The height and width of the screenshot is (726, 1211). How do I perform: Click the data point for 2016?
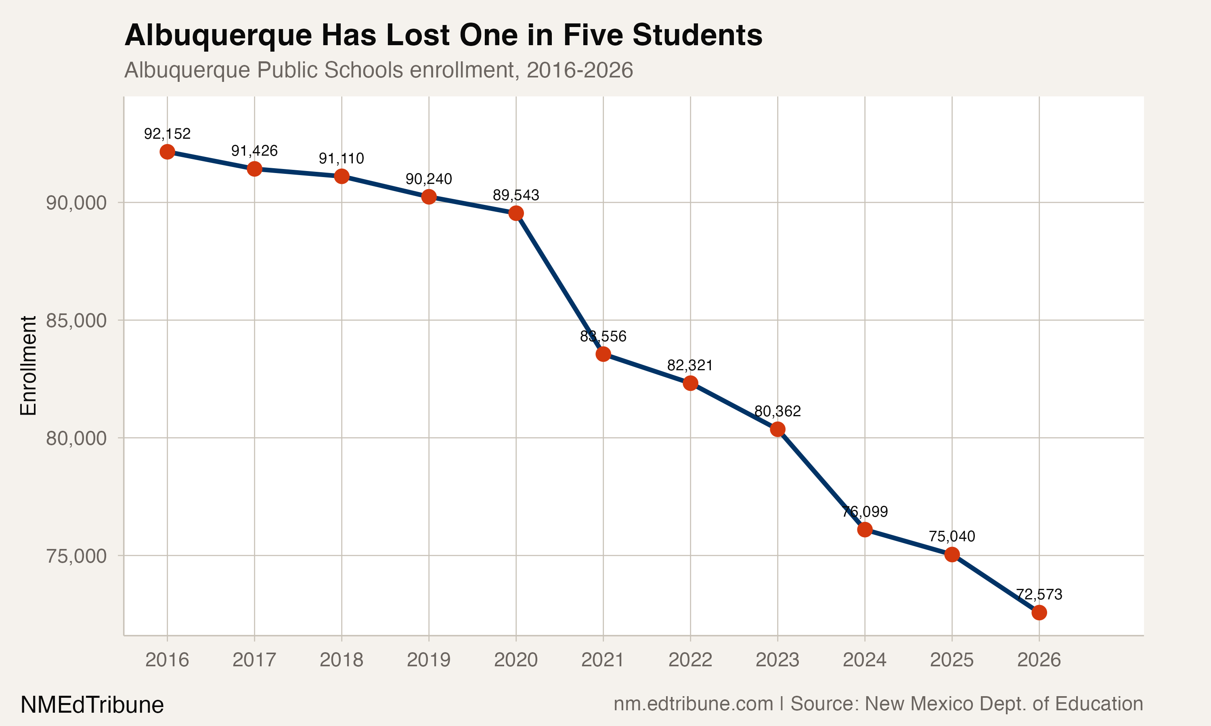167,152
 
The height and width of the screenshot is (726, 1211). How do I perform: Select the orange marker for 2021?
603,354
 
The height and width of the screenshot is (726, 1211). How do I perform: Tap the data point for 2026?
1039,613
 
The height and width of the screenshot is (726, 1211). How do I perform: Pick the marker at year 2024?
864,529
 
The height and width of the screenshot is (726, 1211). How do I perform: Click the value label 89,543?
516,195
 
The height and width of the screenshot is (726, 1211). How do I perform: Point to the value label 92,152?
167,134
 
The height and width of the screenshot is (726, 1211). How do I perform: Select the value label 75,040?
951,536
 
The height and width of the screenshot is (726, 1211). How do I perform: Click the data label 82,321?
690,365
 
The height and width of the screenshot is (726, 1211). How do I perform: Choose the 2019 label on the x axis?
428,660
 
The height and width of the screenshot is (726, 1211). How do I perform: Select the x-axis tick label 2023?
777,660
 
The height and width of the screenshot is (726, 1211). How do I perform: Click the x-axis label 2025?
951,660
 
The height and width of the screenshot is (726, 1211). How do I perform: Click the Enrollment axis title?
28,365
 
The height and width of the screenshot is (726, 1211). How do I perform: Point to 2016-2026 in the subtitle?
580,70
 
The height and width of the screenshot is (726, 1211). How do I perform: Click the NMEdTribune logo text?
92,705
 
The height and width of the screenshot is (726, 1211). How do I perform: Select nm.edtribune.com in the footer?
693,703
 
